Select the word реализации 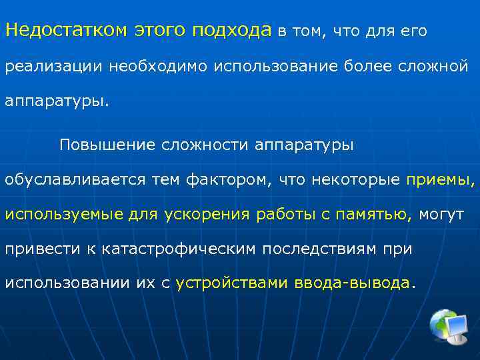click(x=52, y=67)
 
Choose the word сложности click(x=205, y=145)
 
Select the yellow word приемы click(x=438, y=180)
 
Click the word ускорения click(x=207, y=215)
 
